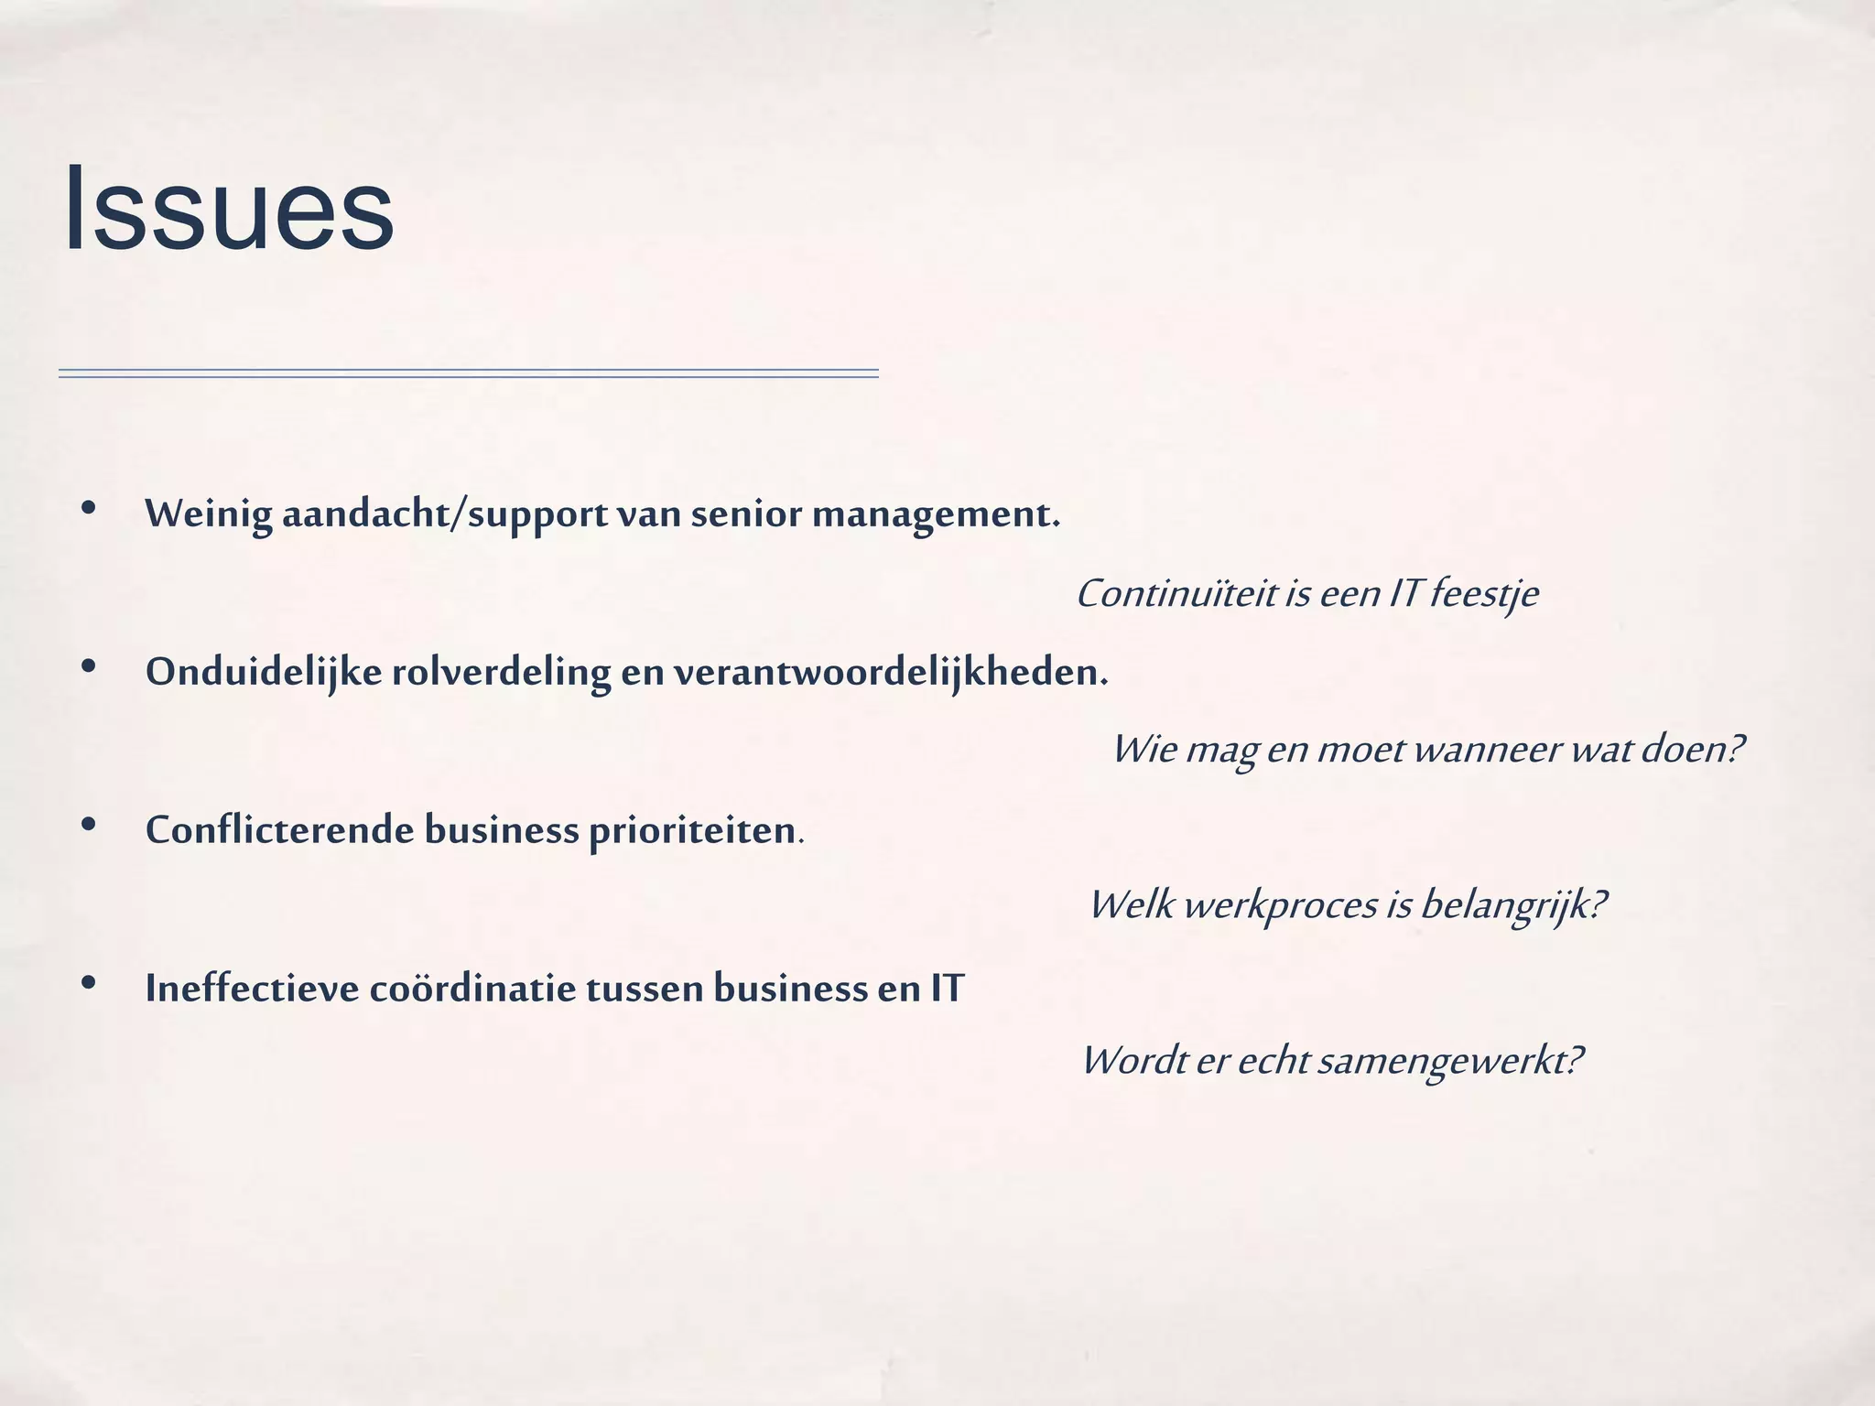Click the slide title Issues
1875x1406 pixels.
tap(229, 210)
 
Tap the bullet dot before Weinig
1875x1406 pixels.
tap(89, 508)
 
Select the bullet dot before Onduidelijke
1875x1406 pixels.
tap(89, 666)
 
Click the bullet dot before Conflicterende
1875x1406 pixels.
tap(89, 825)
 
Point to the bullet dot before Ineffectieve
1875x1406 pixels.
tap(89, 982)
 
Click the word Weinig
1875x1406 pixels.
tap(209, 514)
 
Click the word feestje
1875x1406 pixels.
tap(1484, 595)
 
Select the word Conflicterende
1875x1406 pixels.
tap(280, 830)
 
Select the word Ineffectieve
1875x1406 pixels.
tap(252, 989)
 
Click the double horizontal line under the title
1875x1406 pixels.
tap(468, 373)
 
